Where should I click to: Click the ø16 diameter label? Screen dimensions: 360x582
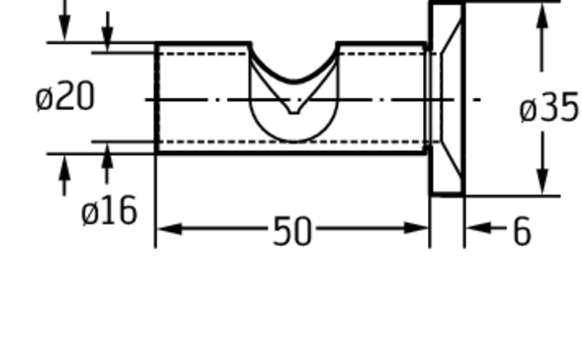(x=109, y=211)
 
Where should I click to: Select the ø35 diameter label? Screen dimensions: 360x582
(x=549, y=108)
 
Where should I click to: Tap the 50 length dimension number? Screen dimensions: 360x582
(x=292, y=231)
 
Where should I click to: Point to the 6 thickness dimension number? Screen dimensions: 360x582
(x=522, y=231)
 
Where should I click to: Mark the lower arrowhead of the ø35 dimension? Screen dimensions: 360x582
(x=543, y=182)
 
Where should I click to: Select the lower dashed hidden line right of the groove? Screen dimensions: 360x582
(x=381, y=142)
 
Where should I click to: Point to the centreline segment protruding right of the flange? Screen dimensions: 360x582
(x=477, y=100)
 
